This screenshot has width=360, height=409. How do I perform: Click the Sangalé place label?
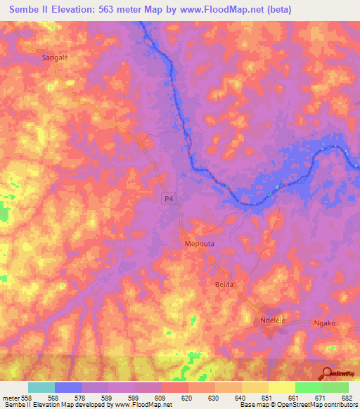tap(57, 59)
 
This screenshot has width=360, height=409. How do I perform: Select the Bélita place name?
tap(223, 283)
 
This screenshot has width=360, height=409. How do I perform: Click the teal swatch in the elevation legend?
tap(41, 387)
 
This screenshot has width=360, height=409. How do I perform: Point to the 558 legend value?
tap(27, 398)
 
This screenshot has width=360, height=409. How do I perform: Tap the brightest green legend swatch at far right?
tap(335, 387)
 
